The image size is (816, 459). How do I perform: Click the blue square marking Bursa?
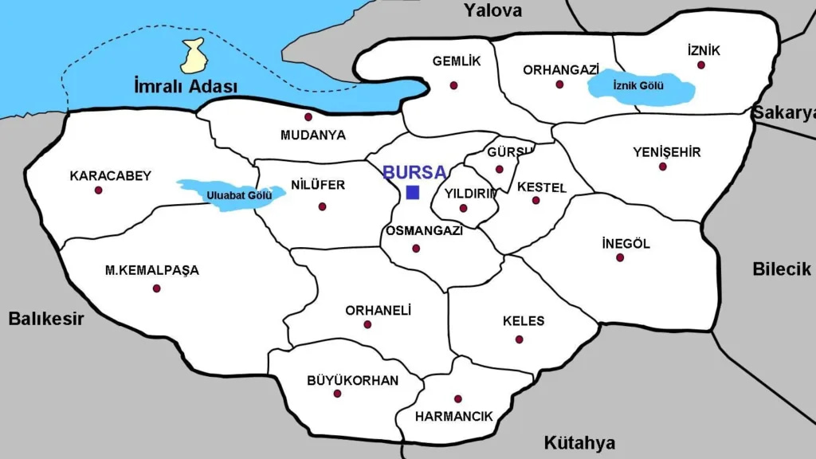(413, 192)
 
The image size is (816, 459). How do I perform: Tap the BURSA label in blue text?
(414, 172)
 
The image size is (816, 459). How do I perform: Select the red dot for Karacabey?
(99, 190)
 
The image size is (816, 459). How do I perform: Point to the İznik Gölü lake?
(640, 86)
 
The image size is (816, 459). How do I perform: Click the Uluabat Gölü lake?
(231, 194)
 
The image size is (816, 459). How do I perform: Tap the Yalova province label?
(493, 10)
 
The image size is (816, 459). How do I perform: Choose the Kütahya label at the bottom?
(579, 443)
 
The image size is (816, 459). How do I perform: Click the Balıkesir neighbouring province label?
(46, 319)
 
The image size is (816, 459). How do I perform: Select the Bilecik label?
(781, 269)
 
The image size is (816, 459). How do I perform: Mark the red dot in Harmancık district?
(457, 398)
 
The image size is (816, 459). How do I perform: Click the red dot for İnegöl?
(620, 257)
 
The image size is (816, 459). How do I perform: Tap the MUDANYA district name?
(313, 135)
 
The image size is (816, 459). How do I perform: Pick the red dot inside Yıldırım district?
(463, 208)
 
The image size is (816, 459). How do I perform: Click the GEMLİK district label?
(457, 61)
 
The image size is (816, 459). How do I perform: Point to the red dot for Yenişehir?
(662, 167)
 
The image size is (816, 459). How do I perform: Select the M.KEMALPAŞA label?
(152, 270)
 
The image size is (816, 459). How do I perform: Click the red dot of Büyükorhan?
(337, 394)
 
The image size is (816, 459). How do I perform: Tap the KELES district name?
(524, 321)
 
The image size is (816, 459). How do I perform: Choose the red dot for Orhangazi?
(559, 84)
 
